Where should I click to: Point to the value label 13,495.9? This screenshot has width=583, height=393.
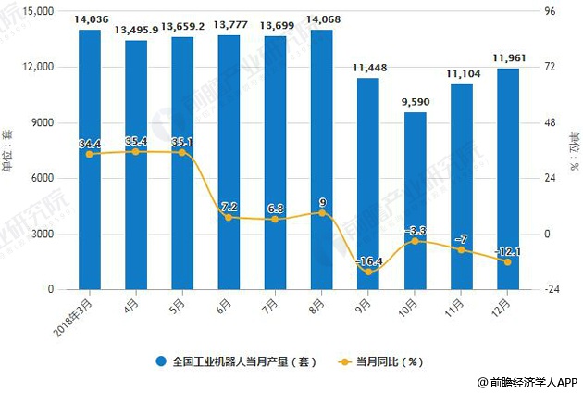(x=136, y=32)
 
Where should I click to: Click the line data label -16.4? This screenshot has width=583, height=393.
(x=368, y=261)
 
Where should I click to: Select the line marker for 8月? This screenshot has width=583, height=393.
(x=321, y=213)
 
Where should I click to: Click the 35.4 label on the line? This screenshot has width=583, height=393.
(x=136, y=141)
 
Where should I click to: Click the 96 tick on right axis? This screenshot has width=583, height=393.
(x=550, y=12)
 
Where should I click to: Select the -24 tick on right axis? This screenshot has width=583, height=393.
(x=552, y=289)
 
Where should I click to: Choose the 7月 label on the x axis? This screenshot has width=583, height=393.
(x=271, y=303)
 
